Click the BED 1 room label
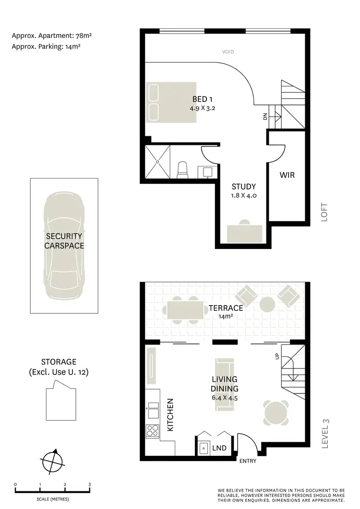click(202, 99)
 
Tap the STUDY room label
click(243, 187)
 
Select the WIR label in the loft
click(287, 175)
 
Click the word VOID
click(228, 52)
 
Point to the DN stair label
click(264, 116)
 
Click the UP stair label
click(276, 357)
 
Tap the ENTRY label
click(247, 461)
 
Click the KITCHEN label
click(170, 414)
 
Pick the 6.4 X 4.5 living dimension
click(225, 398)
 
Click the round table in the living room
click(277, 412)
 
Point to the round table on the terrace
click(267, 304)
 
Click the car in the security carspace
click(63, 246)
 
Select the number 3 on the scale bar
click(90, 485)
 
